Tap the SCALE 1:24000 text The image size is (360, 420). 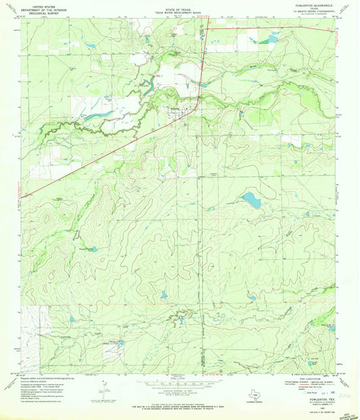178,379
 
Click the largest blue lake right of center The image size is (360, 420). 251,199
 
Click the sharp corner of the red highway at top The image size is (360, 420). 207,29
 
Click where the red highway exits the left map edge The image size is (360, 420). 22,197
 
